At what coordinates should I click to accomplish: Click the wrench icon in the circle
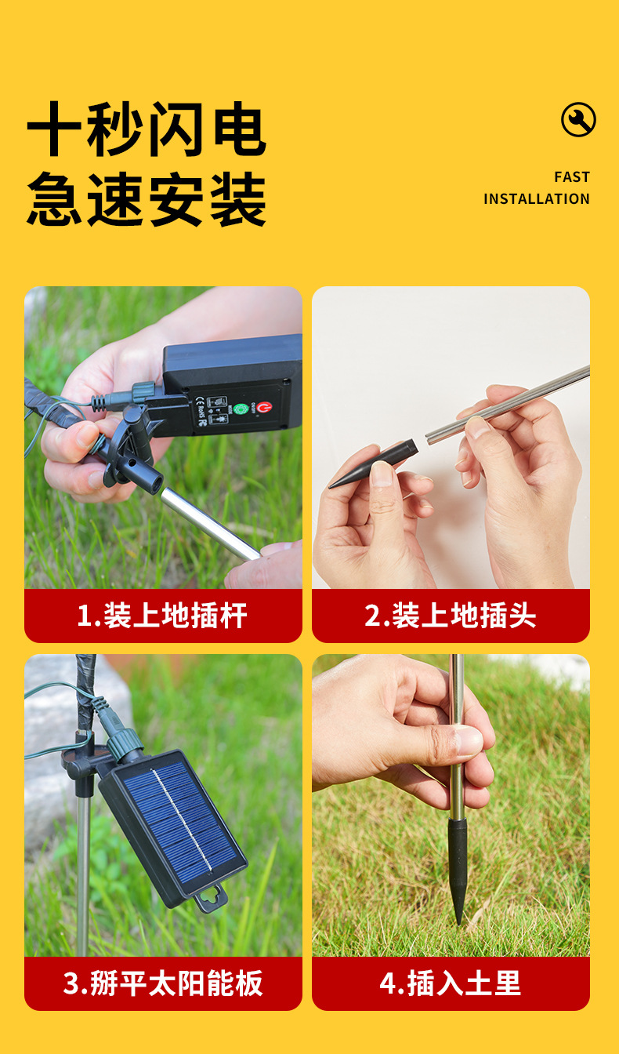click(x=578, y=120)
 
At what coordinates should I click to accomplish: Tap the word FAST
click(x=571, y=177)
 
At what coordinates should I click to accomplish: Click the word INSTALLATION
click(x=536, y=199)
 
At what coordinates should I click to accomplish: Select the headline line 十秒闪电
click(x=147, y=129)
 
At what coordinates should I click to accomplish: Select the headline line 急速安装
click(x=147, y=200)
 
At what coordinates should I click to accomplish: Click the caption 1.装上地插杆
click(x=162, y=616)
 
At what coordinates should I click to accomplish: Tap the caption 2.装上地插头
click(x=451, y=616)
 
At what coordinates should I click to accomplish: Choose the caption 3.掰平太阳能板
click(x=162, y=983)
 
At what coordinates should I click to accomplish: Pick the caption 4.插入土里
click(x=451, y=983)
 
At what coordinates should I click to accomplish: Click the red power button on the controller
click(x=263, y=407)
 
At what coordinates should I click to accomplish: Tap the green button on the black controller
click(x=241, y=409)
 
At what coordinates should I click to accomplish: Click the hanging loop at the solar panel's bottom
click(x=210, y=897)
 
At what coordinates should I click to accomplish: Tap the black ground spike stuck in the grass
click(x=458, y=867)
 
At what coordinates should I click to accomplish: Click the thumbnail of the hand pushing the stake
click(x=451, y=805)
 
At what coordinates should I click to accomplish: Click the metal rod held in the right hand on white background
click(x=509, y=404)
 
